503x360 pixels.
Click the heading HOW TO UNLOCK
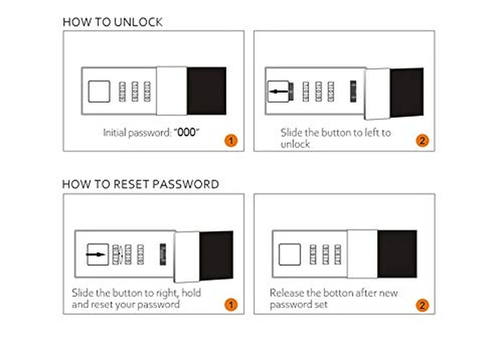[113, 22]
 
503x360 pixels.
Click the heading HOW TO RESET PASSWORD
[140, 185]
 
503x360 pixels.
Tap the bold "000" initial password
[187, 132]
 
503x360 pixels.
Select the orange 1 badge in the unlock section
[231, 140]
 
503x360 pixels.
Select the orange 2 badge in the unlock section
[422, 140]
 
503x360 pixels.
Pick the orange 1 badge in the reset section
[231, 304]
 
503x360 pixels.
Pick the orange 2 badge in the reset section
[422, 305]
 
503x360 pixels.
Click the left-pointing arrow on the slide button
[279, 92]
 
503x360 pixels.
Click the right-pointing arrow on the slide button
[96, 254]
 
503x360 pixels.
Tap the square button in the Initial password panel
[99, 92]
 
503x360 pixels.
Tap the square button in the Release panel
[290, 254]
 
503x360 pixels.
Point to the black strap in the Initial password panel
[207, 91]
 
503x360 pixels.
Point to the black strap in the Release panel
[397, 254]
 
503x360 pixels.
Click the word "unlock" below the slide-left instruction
[295, 144]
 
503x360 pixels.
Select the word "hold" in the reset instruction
[191, 293]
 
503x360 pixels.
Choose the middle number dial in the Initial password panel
[135, 92]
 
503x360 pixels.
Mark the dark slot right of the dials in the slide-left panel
[353, 92]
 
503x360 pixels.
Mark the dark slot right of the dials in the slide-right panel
[163, 254]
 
